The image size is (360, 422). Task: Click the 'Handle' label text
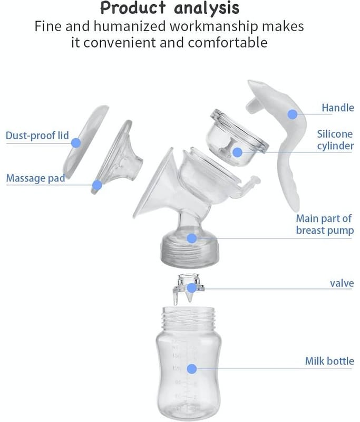coord(338,108)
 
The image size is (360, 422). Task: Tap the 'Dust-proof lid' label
coord(37,136)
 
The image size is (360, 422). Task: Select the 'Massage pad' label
coord(35,178)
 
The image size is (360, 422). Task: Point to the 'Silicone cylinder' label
coord(335,140)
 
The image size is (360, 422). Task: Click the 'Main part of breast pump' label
coord(325,225)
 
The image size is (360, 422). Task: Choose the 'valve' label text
coord(342,283)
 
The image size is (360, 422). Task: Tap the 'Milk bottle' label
coord(329,361)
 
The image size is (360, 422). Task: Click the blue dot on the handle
coord(292,114)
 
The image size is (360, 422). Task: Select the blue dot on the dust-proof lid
coord(76,142)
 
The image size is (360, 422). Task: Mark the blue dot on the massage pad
coord(97,185)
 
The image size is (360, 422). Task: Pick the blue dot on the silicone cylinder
coord(237,152)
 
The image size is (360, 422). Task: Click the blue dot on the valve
coord(191,288)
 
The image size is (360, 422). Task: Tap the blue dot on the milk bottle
coord(191,369)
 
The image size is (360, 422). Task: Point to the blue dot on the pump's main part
coord(191,238)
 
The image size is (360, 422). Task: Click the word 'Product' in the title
coord(133,8)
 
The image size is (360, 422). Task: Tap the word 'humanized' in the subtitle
coord(130,26)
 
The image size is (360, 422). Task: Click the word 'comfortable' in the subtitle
coord(228,43)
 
